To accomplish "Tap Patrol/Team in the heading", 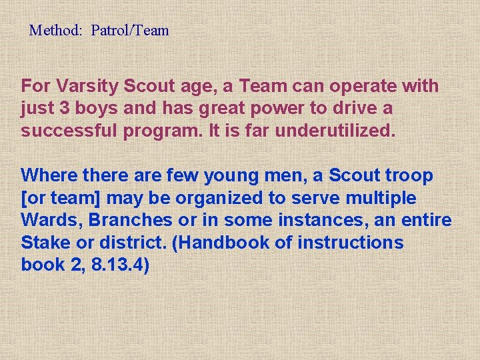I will click(130, 31).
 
